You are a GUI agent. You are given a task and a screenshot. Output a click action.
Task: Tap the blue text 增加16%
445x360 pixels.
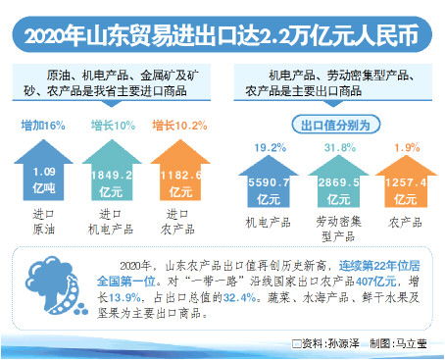43,126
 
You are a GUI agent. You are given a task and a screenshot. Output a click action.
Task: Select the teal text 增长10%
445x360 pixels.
110,126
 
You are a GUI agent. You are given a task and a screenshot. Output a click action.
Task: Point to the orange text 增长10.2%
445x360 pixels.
179,126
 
